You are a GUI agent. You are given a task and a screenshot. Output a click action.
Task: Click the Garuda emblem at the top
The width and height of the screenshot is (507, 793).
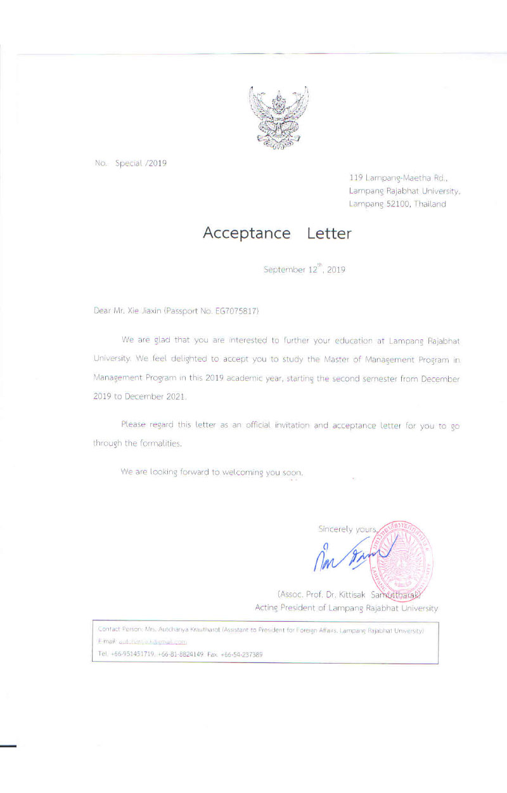coord(279,117)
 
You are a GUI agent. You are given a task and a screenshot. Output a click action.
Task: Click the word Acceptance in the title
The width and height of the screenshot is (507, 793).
coord(247,233)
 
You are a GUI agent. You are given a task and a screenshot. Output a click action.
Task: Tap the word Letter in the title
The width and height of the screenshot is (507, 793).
coord(329,233)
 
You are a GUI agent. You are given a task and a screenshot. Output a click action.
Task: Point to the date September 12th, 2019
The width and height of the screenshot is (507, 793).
coord(304,270)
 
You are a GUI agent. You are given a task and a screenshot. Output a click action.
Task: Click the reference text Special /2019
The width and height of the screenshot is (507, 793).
coord(141,163)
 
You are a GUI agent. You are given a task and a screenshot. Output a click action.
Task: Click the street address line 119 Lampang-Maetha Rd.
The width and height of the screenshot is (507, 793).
coord(398,178)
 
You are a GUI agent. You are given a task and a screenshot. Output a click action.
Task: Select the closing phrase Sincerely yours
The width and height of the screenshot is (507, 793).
coord(347,528)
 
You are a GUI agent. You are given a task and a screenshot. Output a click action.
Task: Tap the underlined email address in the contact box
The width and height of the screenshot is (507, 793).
coord(152,642)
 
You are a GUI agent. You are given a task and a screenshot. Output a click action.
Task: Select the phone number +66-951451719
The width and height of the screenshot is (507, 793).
coord(135,654)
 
